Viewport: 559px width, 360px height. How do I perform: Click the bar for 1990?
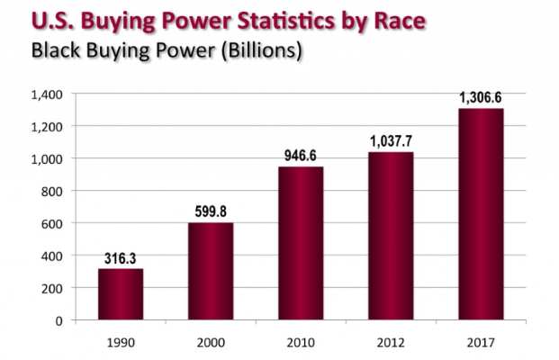point(121,294)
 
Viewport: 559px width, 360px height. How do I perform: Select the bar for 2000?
point(211,271)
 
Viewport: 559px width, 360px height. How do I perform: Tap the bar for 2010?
point(301,243)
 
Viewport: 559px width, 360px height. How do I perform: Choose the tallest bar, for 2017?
point(481,214)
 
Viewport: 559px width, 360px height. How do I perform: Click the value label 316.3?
point(121,258)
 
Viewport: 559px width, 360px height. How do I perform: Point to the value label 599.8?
point(211,212)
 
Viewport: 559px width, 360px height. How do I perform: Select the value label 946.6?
point(301,157)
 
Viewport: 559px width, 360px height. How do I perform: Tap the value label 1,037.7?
point(391,141)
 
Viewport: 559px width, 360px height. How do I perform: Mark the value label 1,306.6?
point(481,98)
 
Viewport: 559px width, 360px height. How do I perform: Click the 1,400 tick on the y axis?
point(45,94)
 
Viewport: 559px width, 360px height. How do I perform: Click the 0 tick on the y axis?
point(59,320)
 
